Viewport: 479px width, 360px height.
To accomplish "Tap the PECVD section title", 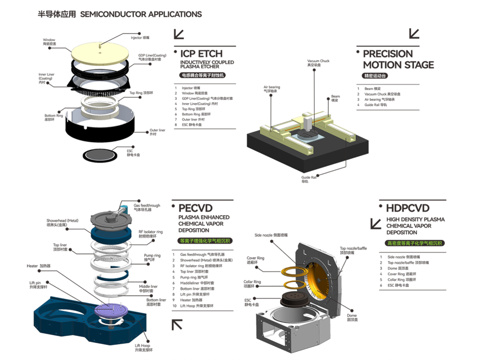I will pyautogui.click(x=196, y=208).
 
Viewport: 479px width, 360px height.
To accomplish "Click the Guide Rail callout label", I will pyautogui.click(x=308, y=179).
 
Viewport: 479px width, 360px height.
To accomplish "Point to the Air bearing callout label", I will pyautogui.click(x=271, y=88).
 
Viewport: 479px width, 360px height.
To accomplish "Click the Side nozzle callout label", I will pyautogui.click(x=274, y=235).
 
